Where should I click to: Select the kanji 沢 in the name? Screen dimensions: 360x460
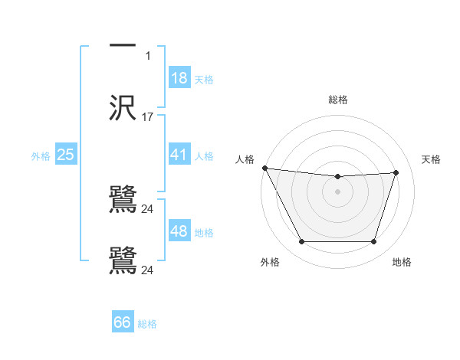click(x=123, y=108)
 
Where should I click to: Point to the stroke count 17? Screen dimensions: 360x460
click(x=148, y=117)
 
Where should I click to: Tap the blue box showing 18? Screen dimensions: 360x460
click(x=179, y=78)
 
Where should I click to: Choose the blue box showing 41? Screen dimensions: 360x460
click(x=179, y=155)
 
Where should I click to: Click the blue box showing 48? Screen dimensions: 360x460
click(x=179, y=231)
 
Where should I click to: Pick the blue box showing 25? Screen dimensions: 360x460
click(x=65, y=155)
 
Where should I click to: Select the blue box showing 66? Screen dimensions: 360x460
click(x=123, y=322)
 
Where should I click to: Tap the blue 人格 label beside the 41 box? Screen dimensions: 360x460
click(x=204, y=156)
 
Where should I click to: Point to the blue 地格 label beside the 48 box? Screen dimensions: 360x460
click(x=204, y=233)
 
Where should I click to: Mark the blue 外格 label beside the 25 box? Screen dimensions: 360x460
click(x=41, y=156)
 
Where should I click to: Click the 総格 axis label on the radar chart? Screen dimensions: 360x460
click(x=338, y=100)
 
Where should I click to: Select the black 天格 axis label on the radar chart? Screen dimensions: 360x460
click(x=431, y=159)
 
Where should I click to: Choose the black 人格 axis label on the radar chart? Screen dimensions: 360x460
click(x=245, y=159)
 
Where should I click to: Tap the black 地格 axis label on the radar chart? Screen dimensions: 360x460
click(x=402, y=262)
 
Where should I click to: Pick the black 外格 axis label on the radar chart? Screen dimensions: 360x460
click(x=270, y=262)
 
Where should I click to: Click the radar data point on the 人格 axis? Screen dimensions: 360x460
click(x=264, y=168)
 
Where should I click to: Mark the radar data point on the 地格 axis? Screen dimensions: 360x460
click(x=374, y=242)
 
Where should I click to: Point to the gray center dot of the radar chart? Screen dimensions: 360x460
click(x=338, y=191)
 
